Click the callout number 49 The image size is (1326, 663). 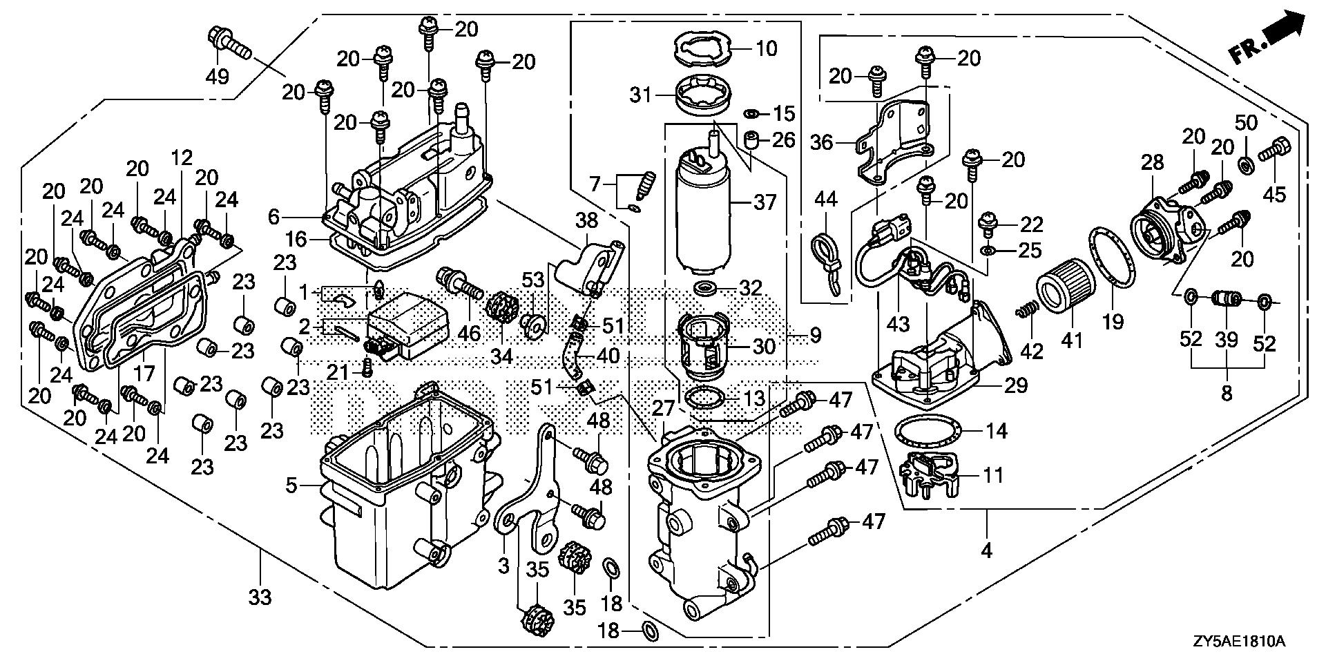point(218,75)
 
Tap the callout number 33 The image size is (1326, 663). point(260,597)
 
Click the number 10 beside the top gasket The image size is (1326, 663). point(767,48)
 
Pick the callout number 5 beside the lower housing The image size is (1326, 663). point(292,486)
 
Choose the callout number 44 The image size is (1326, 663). point(825,200)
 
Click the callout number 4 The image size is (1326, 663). point(986,550)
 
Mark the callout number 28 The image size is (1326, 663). point(1153,163)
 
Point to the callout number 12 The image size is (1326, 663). point(182,158)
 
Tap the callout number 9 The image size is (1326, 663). point(816,336)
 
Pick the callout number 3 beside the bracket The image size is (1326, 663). point(503,566)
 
